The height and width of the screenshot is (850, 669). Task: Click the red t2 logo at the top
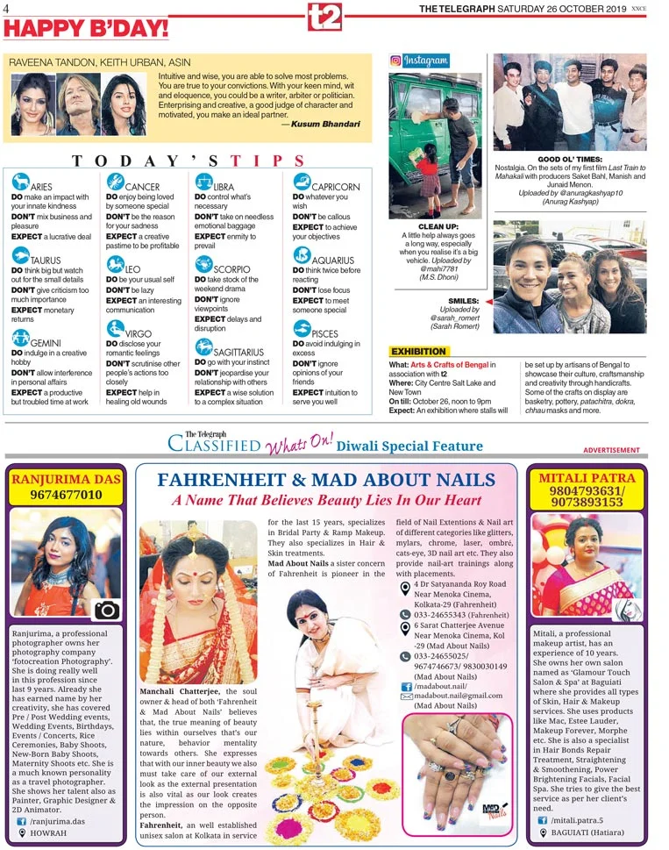click(324, 15)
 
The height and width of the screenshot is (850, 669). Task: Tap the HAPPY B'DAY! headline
click(86, 28)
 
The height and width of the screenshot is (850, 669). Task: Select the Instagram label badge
click(420, 61)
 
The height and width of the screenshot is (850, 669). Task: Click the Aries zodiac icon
click(19, 182)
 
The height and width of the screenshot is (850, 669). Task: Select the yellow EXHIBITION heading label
click(418, 352)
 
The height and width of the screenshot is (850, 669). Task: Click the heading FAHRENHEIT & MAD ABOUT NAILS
click(326, 479)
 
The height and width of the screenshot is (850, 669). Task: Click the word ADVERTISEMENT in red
click(611, 450)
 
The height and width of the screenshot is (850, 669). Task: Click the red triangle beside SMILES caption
click(488, 301)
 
